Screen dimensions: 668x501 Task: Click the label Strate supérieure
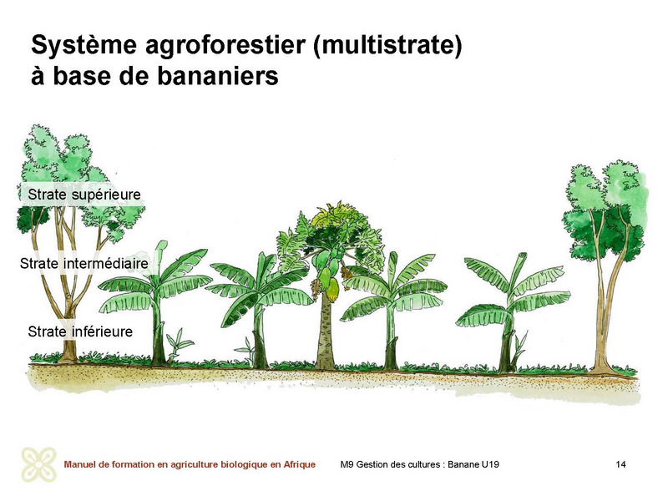point(84,195)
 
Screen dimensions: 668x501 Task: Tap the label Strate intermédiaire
point(84,263)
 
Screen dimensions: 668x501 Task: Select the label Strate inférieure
point(80,331)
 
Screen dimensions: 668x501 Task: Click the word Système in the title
point(84,45)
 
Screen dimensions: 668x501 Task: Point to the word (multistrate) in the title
point(387,45)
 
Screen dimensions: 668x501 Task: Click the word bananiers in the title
point(217,76)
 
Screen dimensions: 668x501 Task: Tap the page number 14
point(620,464)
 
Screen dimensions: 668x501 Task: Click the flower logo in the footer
point(39,464)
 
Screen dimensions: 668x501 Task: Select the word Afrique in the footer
point(300,464)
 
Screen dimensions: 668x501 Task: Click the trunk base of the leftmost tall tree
point(68,352)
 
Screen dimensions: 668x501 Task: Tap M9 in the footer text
point(347,464)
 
